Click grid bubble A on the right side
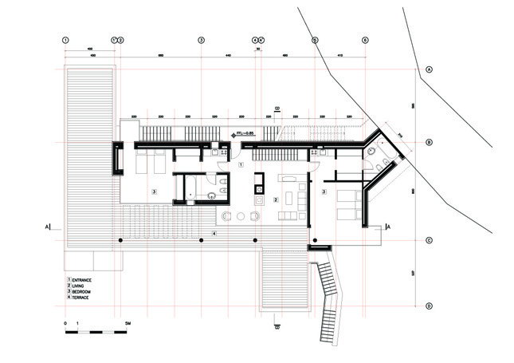[430, 70]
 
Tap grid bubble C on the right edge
[430, 240]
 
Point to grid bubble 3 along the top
[202, 39]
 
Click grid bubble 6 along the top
[364, 39]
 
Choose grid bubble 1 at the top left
[66, 39]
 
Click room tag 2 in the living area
[275, 199]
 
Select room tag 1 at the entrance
[241, 164]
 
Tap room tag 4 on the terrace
[214, 232]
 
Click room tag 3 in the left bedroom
[154, 191]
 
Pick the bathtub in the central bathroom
[192, 192]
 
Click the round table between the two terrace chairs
[240, 216]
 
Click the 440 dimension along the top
[228, 55]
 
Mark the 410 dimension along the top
[339, 55]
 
